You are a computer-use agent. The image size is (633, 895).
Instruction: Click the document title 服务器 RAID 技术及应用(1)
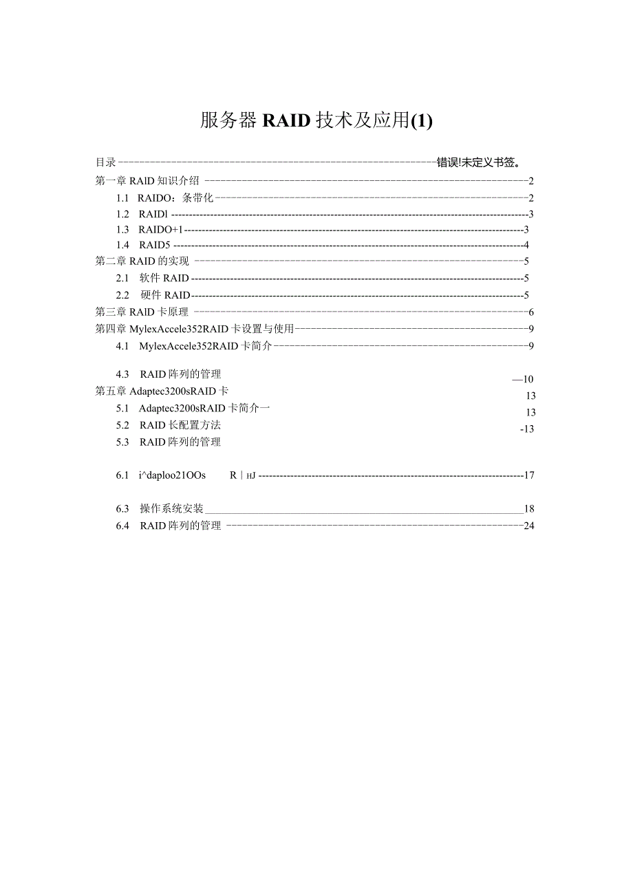click(x=316, y=121)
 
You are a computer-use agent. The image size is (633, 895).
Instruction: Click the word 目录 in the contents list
click(x=105, y=162)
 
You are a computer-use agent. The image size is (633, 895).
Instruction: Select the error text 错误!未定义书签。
click(x=478, y=162)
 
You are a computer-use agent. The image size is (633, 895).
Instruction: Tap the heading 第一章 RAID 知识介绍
click(x=147, y=181)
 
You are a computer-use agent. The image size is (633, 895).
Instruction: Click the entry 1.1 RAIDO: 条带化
click(x=166, y=198)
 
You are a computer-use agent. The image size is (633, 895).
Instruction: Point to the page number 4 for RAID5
click(x=526, y=245)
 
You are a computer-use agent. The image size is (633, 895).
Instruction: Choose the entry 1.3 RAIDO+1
click(x=150, y=229)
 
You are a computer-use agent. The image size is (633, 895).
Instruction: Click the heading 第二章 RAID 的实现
click(x=142, y=261)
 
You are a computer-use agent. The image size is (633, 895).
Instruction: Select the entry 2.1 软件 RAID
click(x=153, y=278)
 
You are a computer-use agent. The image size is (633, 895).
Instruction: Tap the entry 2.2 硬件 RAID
click(x=153, y=295)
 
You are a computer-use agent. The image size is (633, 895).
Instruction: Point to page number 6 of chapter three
click(x=531, y=312)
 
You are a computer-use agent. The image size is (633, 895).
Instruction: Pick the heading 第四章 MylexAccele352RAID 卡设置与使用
click(x=194, y=329)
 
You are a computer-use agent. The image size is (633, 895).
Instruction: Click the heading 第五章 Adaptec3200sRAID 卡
click(x=162, y=391)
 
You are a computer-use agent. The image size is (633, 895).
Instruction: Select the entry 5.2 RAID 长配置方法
click(x=169, y=425)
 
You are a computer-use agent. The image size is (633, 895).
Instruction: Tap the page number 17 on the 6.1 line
click(x=529, y=475)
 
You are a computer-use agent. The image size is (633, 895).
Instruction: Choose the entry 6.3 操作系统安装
click(x=160, y=509)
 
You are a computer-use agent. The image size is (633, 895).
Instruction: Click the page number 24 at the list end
click(x=528, y=526)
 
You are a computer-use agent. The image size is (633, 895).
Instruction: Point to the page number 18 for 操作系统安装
click(x=528, y=509)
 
